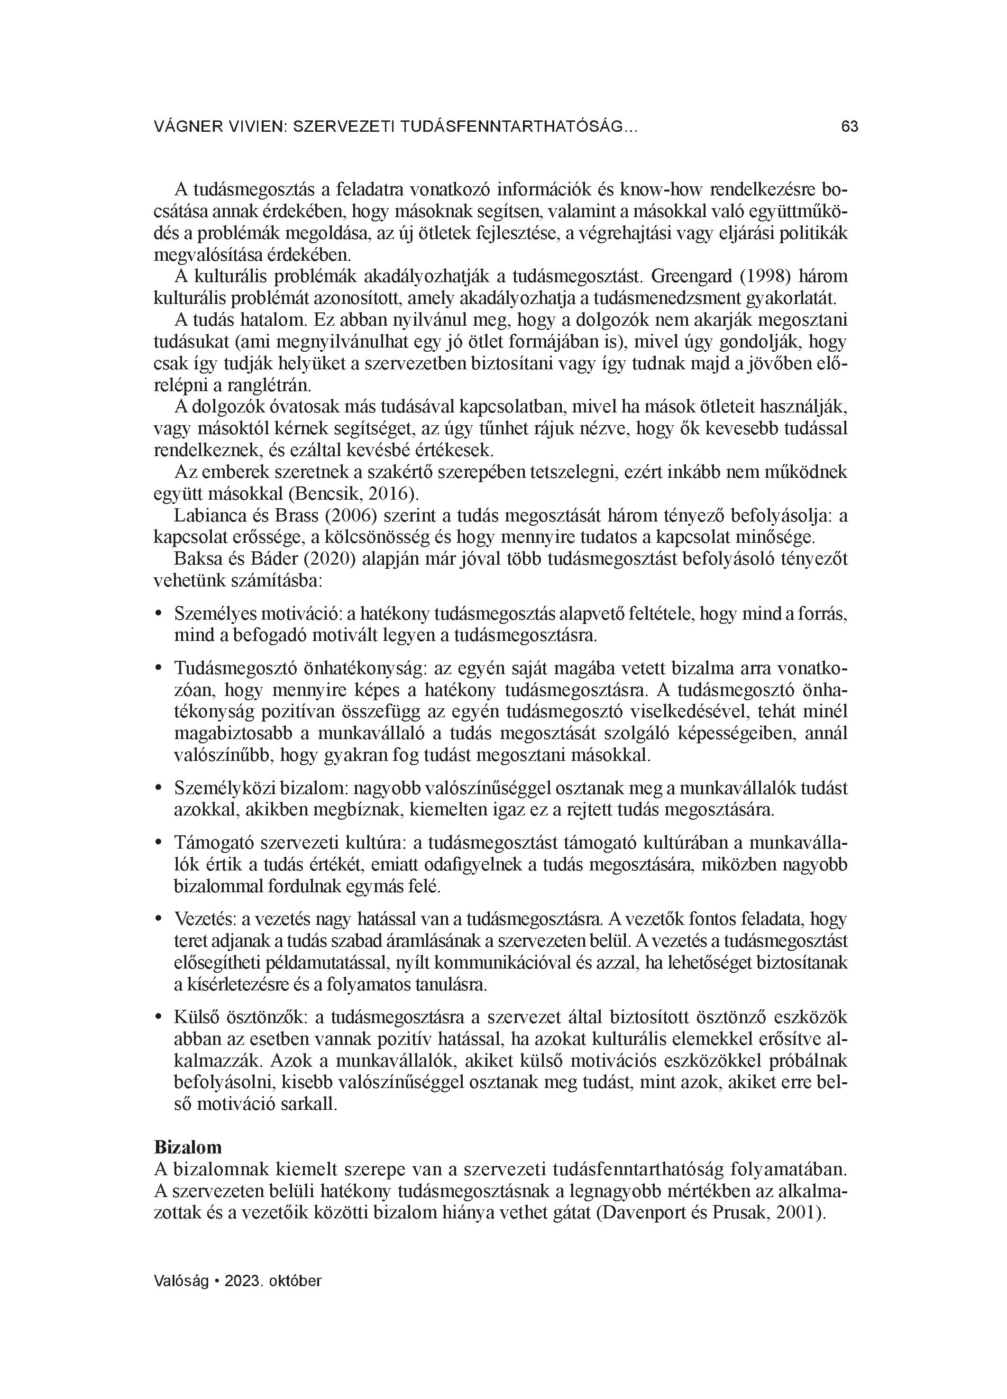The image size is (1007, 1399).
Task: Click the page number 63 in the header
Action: click(849, 127)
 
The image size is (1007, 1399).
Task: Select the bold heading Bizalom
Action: click(188, 1147)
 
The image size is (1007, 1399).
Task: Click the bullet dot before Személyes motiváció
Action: click(158, 614)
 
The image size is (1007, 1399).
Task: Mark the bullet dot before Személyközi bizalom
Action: click(158, 788)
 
